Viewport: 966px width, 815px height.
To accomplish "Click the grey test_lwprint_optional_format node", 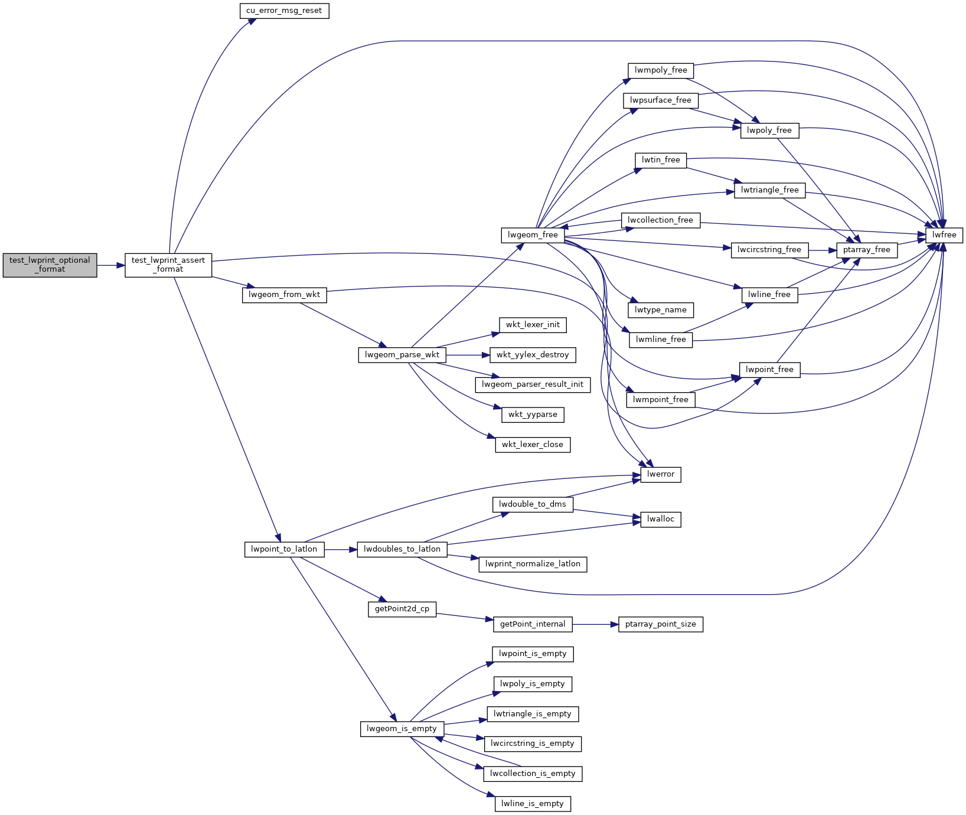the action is (x=50, y=265).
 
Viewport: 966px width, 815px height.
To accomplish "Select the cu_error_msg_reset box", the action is (x=284, y=11).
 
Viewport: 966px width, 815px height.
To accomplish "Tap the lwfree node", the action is (x=944, y=234).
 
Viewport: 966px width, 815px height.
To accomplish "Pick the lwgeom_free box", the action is (x=533, y=234).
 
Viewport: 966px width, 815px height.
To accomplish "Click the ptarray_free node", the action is (x=867, y=250).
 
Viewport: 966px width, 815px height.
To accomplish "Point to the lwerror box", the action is (x=661, y=474).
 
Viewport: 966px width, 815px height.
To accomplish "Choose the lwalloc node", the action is (x=661, y=519).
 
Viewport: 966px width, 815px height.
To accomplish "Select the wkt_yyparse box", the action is (x=533, y=415).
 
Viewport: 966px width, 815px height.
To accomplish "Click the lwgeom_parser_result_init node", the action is (x=533, y=384).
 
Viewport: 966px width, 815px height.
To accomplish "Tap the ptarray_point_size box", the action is (x=661, y=624).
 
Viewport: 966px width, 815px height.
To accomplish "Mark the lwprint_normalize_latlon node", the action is (x=533, y=564).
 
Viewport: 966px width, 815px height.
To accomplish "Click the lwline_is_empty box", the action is (x=533, y=804).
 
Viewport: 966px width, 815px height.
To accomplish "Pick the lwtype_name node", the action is (x=661, y=310).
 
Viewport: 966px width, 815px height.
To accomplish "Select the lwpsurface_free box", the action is (x=661, y=100).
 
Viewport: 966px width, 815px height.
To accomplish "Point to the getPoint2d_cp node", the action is (x=402, y=609).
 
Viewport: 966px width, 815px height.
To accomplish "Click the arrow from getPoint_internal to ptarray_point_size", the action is (x=595, y=624).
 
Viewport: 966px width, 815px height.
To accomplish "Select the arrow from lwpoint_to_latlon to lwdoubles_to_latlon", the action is (x=341, y=550).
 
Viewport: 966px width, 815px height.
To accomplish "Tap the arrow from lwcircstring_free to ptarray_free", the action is (x=822, y=250).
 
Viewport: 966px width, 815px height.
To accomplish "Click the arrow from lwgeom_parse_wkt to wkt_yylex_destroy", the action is (x=468, y=355).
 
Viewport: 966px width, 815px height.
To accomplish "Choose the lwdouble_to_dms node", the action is (x=533, y=504).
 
